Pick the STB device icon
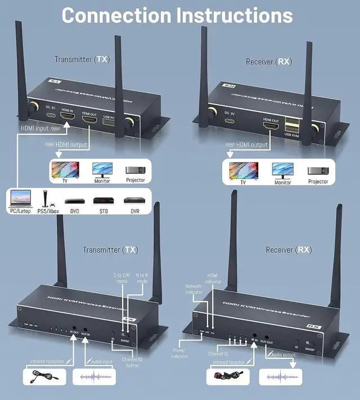(102, 200)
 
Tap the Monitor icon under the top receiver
(282, 170)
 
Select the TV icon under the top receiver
(244, 170)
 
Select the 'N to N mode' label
(142, 279)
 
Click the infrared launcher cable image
(228, 377)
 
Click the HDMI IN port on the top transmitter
(68, 116)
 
